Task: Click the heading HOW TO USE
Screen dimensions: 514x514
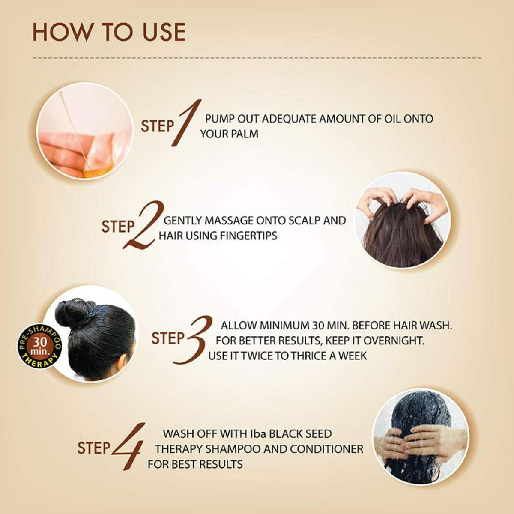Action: point(109,33)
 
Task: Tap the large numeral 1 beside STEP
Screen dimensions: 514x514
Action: point(187,123)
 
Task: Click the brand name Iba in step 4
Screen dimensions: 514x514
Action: point(258,434)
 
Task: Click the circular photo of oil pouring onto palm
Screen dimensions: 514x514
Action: point(85,131)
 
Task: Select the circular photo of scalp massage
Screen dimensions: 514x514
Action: point(402,220)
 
